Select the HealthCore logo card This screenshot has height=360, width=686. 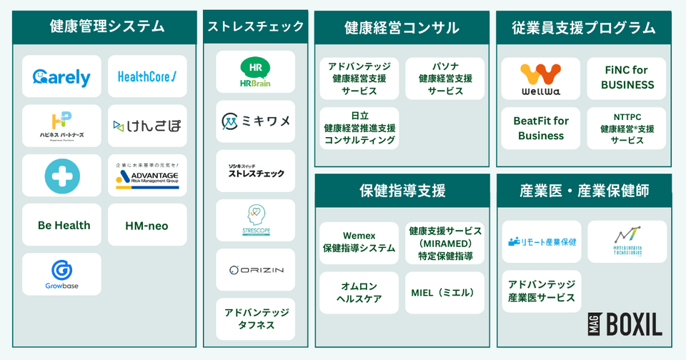point(147,76)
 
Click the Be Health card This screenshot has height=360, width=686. point(64,225)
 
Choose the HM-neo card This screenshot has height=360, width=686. point(146,225)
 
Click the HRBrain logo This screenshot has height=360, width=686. point(255,72)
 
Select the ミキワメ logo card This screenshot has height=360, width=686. point(255,121)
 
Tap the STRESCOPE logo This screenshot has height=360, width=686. point(255,220)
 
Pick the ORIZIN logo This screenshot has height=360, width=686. point(255,269)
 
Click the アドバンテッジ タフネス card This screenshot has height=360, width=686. point(255,319)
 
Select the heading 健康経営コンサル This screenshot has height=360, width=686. point(402,28)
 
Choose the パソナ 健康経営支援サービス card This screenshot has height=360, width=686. point(445,79)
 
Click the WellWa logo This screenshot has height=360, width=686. point(540,79)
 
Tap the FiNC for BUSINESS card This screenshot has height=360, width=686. point(627,78)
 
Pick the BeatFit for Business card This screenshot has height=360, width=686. point(540,128)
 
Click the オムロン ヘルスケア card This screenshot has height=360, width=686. point(359,292)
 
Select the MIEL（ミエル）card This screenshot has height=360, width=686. point(445,292)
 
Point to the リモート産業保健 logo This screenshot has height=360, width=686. point(541,241)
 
